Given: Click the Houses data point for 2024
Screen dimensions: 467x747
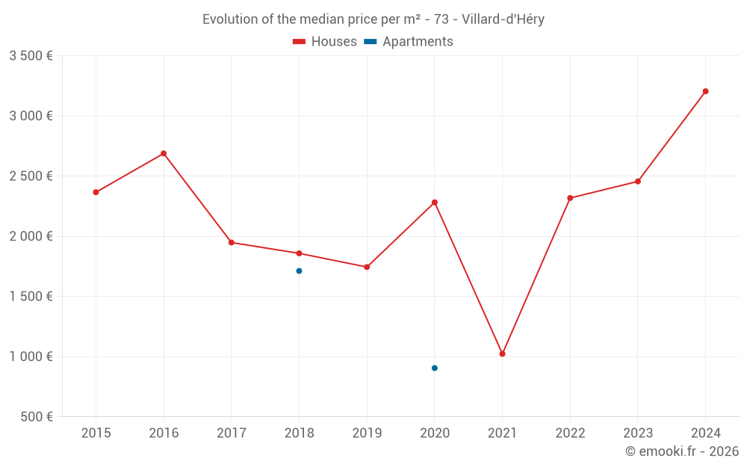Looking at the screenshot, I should coord(705,91).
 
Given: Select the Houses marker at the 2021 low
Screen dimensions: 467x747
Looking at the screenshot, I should coord(502,353).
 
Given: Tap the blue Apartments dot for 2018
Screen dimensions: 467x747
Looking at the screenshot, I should coord(299,270).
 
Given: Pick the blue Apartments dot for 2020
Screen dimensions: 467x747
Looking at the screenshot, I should coord(434,368).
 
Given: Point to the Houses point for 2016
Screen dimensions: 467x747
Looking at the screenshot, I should coord(164,153).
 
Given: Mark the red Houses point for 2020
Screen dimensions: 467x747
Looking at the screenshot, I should coord(434,202).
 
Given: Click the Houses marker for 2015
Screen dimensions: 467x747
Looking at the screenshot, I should coord(96,192).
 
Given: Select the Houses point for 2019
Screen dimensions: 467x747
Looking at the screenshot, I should coord(367,267).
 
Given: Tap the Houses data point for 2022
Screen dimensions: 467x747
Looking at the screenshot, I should coord(570,198).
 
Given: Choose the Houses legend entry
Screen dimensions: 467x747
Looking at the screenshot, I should coord(325,42).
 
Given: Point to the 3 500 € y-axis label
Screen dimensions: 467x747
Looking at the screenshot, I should coord(31,56).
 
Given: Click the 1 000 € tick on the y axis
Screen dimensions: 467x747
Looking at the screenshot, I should coord(31,356).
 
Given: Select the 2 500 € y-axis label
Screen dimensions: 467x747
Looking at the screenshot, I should coord(31,176).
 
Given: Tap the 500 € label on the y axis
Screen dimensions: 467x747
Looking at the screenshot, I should coord(35,417).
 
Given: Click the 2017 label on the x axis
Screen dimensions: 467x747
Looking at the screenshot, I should coord(232,433).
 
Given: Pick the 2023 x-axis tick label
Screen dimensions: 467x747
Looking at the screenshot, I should coord(637,433).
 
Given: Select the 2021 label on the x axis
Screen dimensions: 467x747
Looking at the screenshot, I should coord(502,433).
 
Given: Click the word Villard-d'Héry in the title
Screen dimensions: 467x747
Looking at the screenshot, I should coord(502,19).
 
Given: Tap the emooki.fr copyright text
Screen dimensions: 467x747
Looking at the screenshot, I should coord(682,451).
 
